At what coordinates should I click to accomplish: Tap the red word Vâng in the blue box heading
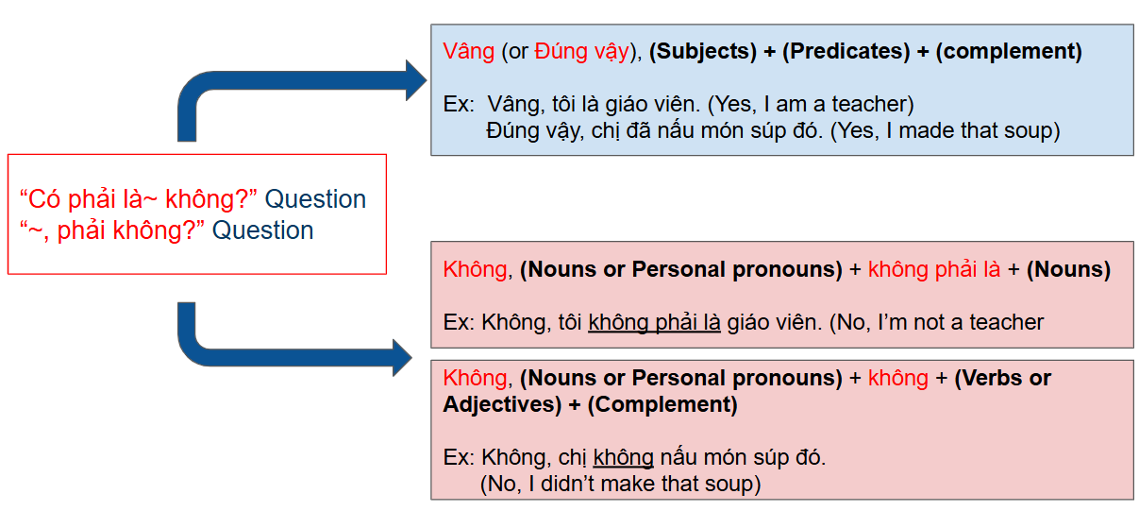468,51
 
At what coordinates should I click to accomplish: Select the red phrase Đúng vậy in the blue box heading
581,51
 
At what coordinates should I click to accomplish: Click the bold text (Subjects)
703,51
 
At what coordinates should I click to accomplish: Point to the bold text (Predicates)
846,51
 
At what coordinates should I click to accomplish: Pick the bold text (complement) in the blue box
1009,51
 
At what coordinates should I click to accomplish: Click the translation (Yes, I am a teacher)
811,105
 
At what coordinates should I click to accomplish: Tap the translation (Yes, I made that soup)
946,131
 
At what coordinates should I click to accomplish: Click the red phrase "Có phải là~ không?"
138,199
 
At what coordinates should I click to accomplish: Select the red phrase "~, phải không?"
112,230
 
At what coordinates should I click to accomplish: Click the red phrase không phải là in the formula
934,269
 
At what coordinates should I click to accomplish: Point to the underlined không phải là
654,322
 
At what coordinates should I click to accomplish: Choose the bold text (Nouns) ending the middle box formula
1068,269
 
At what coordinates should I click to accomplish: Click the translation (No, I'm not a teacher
936,322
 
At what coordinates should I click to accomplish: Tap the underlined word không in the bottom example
623,458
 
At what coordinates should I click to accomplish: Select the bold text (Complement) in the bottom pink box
662,405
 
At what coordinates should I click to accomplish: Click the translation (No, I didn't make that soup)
620,485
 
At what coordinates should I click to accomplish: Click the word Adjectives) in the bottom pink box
502,405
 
